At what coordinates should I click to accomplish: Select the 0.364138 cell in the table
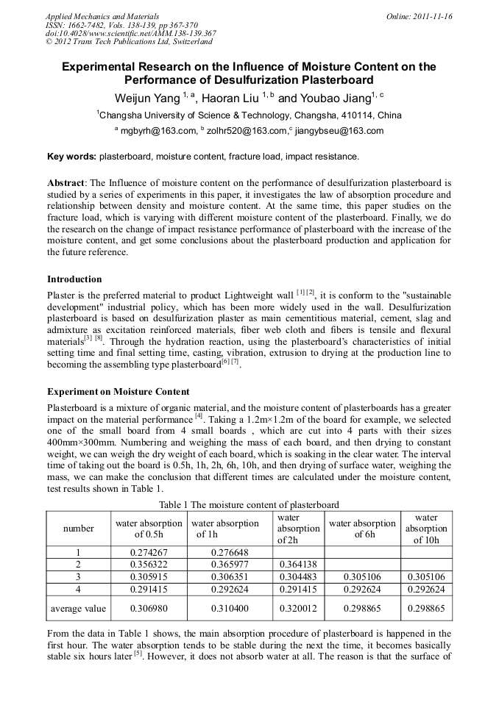(298, 565)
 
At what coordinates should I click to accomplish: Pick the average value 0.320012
(298, 609)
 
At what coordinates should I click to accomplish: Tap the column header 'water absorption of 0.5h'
(148, 529)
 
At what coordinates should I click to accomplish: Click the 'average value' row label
(78, 609)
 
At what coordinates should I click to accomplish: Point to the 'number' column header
(78, 529)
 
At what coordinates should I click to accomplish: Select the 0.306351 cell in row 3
(230, 577)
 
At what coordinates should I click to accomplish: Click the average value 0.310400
(230, 609)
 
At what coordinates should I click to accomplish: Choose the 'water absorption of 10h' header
(426, 529)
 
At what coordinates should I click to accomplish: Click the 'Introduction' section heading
(74, 279)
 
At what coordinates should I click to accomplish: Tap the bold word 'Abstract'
(66, 182)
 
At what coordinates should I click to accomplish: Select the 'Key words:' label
(71, 157)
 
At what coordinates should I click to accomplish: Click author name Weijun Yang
(147, 98)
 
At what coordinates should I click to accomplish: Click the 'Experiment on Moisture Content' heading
(118, 391)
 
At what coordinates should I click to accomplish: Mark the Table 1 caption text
(249, 504)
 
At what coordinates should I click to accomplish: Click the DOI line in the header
(130, 33)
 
